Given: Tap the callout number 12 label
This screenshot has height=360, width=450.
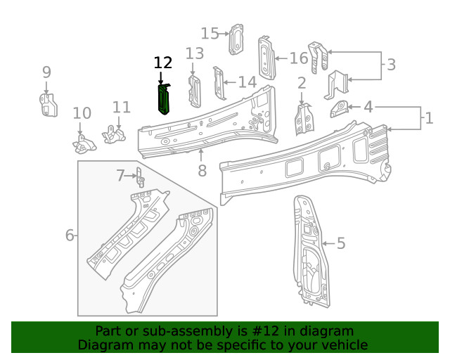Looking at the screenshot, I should pos(162,63).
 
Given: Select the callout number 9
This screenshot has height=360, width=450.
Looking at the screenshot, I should pos(46,72).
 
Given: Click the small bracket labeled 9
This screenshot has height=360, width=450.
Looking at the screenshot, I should pos(47,104).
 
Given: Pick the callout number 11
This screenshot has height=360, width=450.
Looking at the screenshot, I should pos(122,108).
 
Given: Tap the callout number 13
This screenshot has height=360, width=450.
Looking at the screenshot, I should pos(195,53).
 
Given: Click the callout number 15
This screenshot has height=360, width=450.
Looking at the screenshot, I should pos(210,33).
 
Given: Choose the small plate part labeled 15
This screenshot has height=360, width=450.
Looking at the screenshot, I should pos(237,39).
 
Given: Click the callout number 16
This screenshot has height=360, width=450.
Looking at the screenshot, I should pos(298,58).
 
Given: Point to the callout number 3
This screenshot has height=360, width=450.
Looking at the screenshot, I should pos(391,65).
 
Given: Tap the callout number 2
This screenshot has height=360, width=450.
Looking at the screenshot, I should pos(302,83).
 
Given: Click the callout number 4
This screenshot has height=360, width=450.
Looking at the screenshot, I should pos(368,107).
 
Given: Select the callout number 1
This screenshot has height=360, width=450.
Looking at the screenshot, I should pos(428,117).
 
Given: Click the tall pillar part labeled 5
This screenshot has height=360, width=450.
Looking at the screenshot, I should pos(309,253).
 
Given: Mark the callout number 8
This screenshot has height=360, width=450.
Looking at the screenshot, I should pos(202,171).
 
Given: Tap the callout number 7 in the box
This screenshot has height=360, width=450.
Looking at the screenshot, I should pos(120,175).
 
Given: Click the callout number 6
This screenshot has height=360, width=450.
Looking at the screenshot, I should pos(70,235).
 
